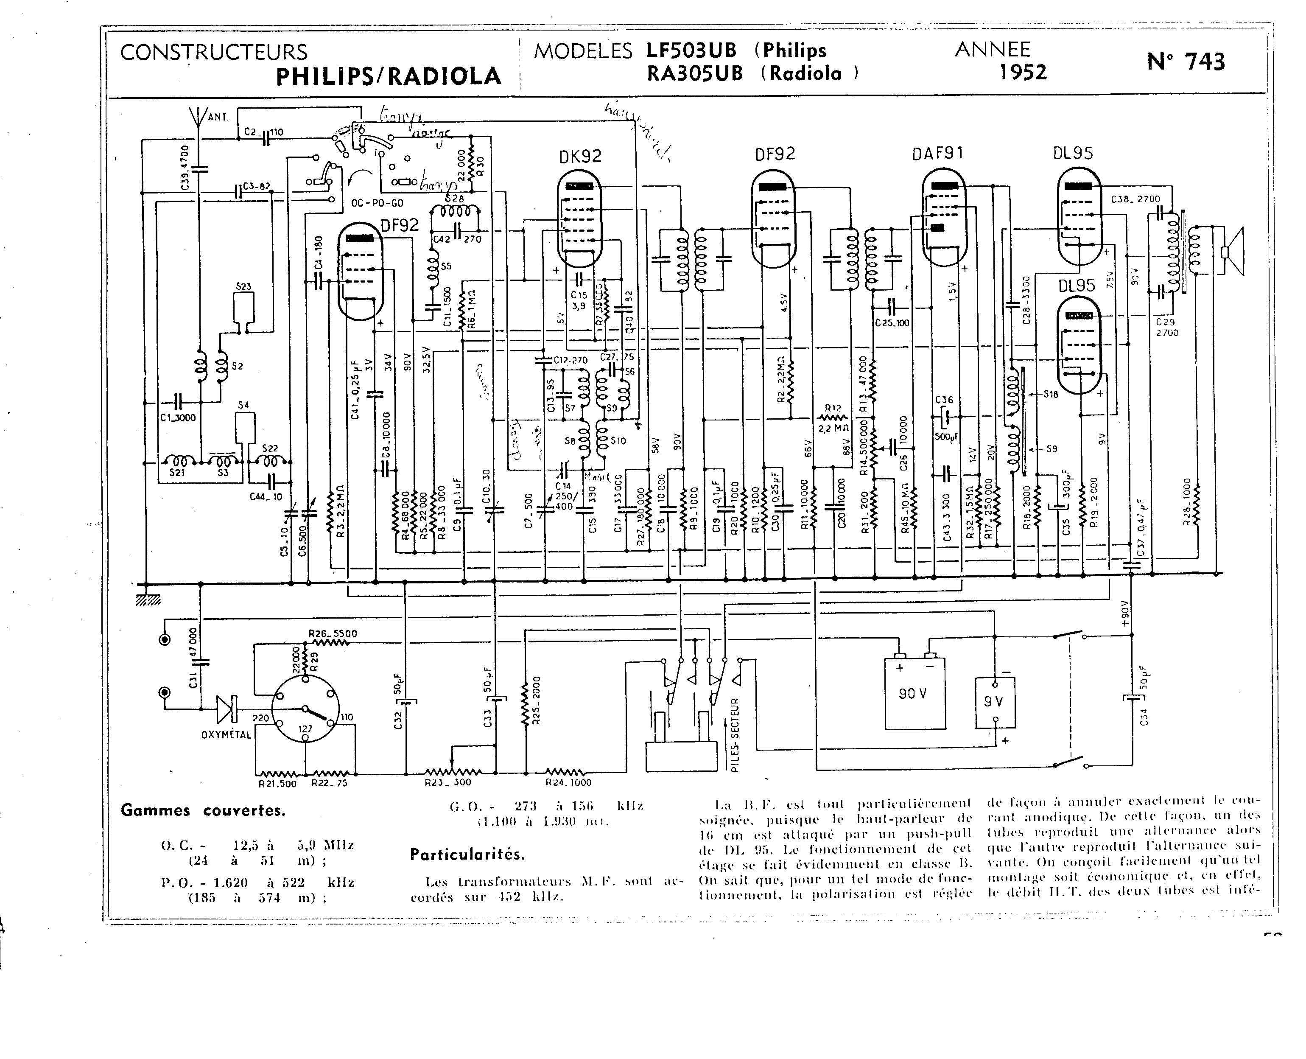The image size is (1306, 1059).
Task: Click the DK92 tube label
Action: [580, 157]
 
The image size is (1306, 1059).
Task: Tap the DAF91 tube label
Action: [938, 153]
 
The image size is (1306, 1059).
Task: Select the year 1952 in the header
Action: [1023, 73]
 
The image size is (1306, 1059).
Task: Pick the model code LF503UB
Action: [691, 50]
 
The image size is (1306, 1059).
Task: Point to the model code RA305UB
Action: [694, 74]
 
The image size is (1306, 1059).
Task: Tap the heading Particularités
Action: [467, 854]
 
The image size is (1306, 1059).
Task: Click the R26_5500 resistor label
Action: [332, 634]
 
